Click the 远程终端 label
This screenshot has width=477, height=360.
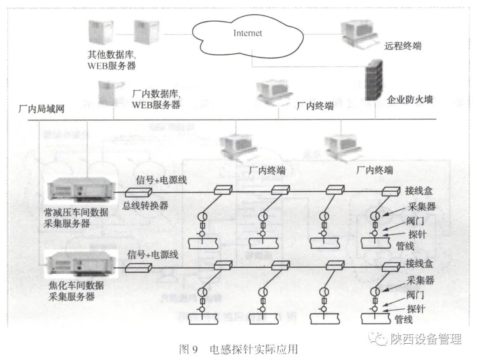pos(402,45)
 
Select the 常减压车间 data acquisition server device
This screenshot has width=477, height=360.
pos(80,190)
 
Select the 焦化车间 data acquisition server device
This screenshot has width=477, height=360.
pos(80,263)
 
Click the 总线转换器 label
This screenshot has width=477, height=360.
pos(145,205)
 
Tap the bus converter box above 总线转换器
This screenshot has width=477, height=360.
pos(139,192)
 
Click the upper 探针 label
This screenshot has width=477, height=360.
pos(415,233)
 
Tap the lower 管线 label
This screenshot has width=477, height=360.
pos(404,319)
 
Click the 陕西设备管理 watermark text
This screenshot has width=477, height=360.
pos(426,339)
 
